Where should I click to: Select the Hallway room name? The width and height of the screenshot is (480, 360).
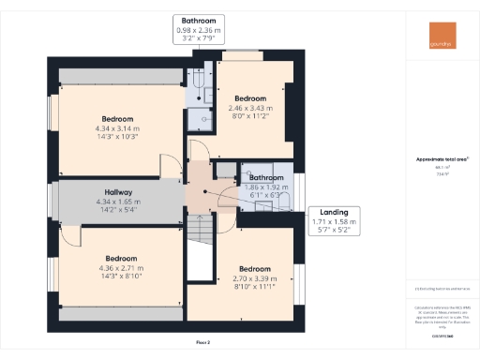pyautogui.click(x=117, y=192)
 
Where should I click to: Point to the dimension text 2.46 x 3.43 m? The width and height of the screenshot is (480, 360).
pyautogui.click(x=251, y=108)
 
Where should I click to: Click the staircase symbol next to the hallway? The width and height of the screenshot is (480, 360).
pyautogui.click(x=199, y=230)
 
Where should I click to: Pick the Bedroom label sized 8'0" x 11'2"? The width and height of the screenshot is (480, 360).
pyautogui.click(x=251, y=98)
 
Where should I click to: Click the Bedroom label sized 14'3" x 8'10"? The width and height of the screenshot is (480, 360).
pyautogui.click(x=122, y=259)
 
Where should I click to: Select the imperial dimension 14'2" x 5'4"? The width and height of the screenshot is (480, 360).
pyautogui.click(x=117, y=211)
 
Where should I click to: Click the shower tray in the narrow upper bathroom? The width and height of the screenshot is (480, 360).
pyautogui.click(x=199, y=115)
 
